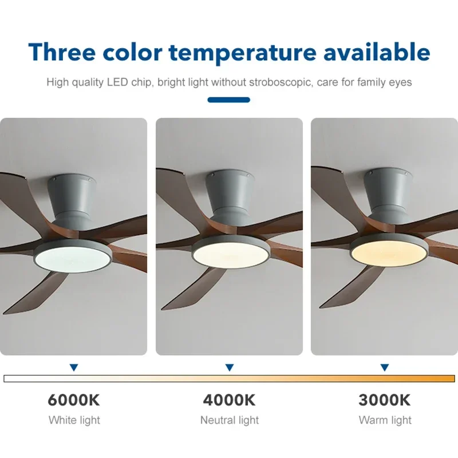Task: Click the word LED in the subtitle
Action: click(x=117, y=82)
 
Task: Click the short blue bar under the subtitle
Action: click(x=229, y=100)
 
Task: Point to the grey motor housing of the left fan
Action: click(x=73, y=198)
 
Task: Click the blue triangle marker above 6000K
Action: click(x=74, y=367)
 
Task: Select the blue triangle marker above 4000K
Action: click(x=229, y=367)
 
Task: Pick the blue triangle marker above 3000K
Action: click(x=385, y=367)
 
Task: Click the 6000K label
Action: click(x=74, y=400)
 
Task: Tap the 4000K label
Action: click(x=229, y=400)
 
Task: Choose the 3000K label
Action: click(x=385, y=400)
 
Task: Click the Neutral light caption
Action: click(x=229, y=420)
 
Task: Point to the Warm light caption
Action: click(x=385, y=420)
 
